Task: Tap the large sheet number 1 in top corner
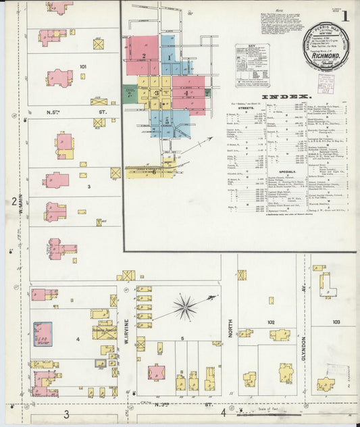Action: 344,15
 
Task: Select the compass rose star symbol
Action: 184,307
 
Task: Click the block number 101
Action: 83,66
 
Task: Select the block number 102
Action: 271,322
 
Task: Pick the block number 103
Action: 336,322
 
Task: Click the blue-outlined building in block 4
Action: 43,334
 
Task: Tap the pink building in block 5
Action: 157,372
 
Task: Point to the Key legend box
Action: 252,64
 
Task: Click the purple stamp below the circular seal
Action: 327,82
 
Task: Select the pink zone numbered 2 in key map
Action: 144,55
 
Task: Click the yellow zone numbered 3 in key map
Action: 156,94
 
